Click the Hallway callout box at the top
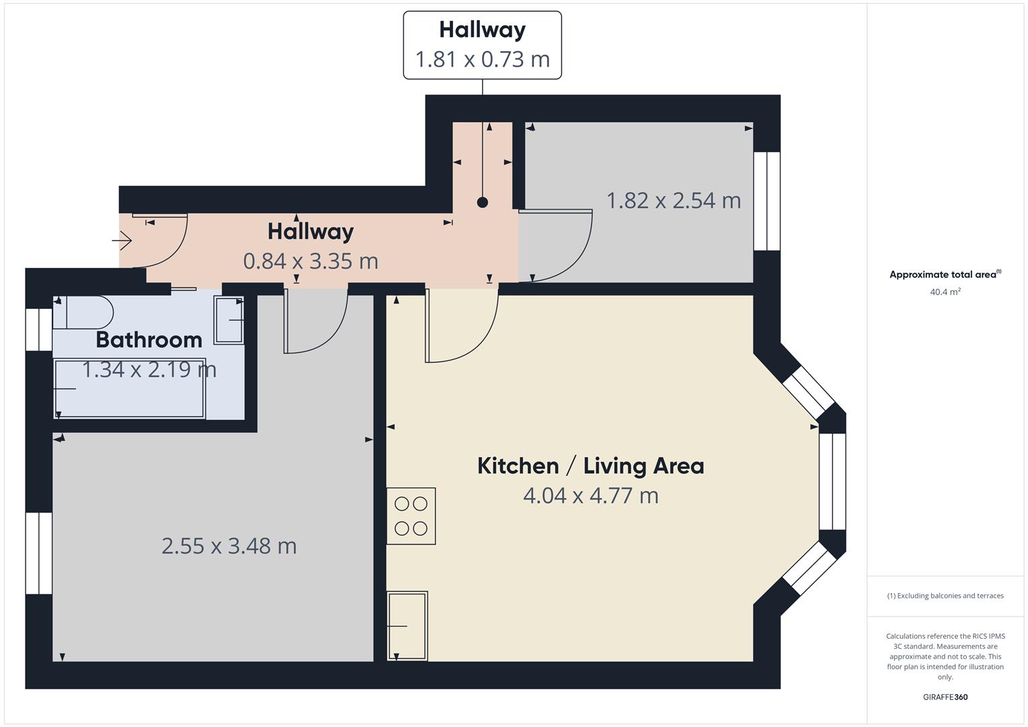coord(482,45)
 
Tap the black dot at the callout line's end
coord(482,202)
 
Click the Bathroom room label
coord(149,340)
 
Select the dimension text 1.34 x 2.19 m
coord(149,370)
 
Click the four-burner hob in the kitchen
coord(411,516)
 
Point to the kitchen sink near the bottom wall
coord(407,625)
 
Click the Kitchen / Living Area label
coord(590,466)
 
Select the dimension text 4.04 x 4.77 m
coord(590,496)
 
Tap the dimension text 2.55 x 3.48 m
coord(229,546)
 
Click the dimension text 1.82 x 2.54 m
coord(673,201)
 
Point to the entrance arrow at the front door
coord(123,240)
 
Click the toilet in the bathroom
coord(83,312)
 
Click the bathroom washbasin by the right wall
coord(228,320)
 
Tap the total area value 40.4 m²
coord(945,292)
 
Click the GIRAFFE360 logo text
coord(945,697)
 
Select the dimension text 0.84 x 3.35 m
coord(310,261)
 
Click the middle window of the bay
coord(832,481)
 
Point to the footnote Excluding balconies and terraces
coord(945,596)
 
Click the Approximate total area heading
coord(945,275)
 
